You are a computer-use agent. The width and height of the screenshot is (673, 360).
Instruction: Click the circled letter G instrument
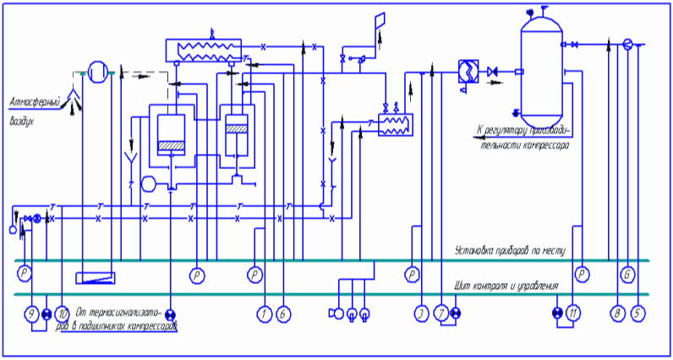point(627,274)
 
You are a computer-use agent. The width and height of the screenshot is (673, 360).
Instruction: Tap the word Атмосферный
point(36,102)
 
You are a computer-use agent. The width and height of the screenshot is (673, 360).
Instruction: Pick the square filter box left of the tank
point(467,70)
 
